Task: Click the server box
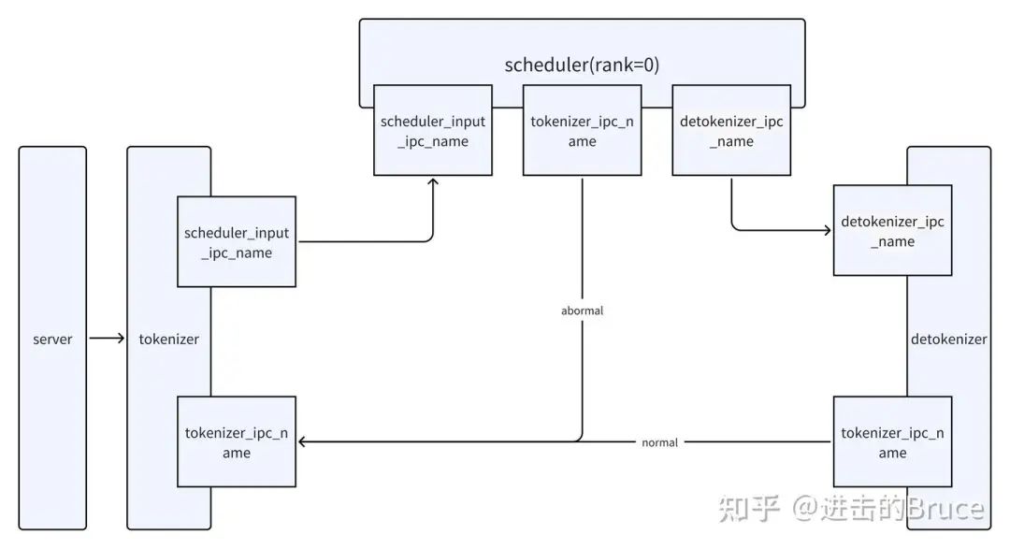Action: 52,339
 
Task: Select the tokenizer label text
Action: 168,339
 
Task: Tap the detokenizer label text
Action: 948,339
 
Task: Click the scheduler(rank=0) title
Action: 582,65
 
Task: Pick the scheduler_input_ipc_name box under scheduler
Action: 433,130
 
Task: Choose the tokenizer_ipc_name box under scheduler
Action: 583,130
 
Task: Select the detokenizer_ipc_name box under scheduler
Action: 731,130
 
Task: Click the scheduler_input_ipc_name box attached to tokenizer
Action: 237,241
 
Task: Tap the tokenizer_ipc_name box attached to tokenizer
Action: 237,442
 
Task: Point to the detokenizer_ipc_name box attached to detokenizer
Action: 893,231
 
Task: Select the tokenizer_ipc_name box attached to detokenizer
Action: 893,442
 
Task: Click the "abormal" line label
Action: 583,311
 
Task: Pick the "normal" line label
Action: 659,442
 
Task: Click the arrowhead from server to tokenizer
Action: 121,339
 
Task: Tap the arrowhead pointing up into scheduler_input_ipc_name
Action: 433,182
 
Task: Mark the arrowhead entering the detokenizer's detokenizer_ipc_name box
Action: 827,230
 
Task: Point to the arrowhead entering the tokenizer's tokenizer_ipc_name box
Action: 303,442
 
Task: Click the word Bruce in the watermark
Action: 945,509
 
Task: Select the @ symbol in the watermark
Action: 804,509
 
